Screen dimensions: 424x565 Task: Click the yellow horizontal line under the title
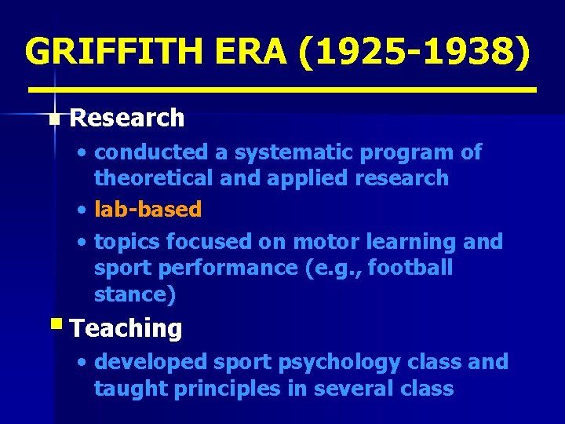(x=282, y=90)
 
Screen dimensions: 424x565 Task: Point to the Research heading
(x=127, y=119)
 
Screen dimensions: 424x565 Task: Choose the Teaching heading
(x=126, y=328)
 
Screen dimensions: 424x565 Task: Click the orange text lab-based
(x=148, y=210)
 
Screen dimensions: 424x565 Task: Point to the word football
(x=410, y=269)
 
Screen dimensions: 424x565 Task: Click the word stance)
(x=135, y=295)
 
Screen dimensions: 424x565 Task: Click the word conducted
(x=151, y=152)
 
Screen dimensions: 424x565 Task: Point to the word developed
(x=145, y=362)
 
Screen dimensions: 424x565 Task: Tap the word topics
(x=124, y=242)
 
